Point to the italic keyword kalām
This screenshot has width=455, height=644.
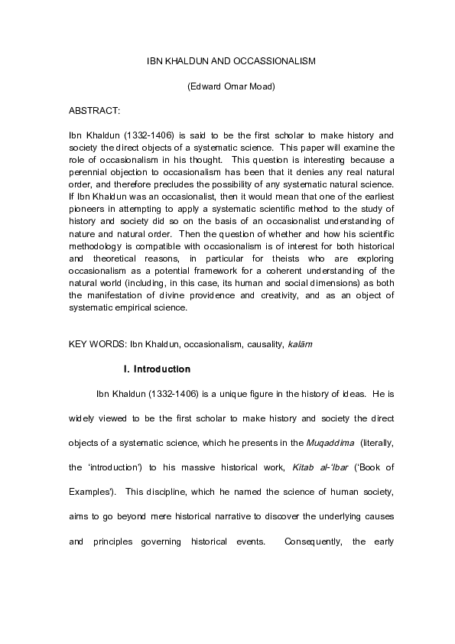(x=300, y=344)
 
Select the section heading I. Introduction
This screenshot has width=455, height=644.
(x=157, y=369)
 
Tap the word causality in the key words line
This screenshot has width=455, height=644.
(x=261, y=344)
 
